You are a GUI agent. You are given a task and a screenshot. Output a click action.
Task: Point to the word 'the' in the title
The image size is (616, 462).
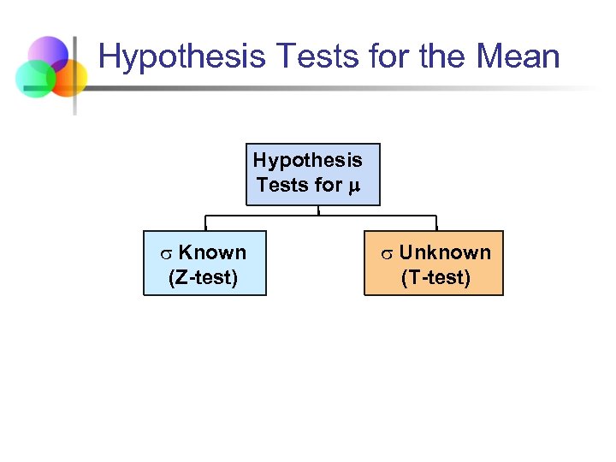tap(435, 58)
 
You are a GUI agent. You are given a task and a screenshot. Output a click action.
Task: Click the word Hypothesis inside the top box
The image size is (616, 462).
tap(307, 160)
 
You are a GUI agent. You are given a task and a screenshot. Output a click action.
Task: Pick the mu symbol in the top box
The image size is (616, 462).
tap(352, 185)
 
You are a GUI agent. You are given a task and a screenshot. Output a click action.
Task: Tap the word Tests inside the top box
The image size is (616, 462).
tap(281, 184)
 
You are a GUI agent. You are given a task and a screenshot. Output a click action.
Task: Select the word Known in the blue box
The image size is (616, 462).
tap(212, 252)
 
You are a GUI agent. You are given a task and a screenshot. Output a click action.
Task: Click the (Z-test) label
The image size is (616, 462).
tap(204, 276)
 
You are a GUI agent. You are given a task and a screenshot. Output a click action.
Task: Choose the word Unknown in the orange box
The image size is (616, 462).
tap(445, 252)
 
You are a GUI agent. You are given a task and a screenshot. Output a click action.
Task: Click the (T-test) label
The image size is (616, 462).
tap(435, 276)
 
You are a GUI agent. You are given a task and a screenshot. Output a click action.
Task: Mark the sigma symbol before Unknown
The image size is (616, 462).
tap(387, 254)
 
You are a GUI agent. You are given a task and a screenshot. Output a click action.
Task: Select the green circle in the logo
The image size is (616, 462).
tap(34, 80)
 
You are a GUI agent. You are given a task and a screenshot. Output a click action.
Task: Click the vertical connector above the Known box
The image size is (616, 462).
tap(204, 222)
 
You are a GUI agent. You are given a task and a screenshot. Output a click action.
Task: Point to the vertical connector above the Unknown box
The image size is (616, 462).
tap(435, 222)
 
